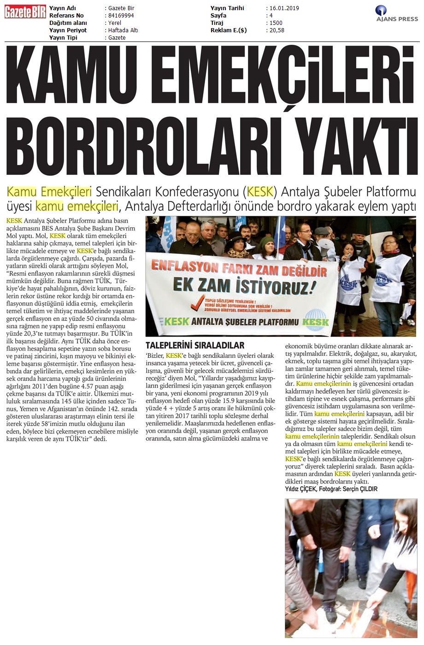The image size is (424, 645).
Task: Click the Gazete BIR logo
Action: click(25, 12)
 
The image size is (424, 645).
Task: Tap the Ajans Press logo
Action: click(396, 13)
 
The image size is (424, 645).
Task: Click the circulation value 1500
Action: click(276, 23)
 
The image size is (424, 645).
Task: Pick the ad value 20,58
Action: click(277, 30)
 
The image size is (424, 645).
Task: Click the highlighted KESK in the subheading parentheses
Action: click(261, 191)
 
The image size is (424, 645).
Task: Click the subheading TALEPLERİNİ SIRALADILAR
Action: click(195, 345)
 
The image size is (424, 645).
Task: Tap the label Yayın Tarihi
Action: click(227, 8)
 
